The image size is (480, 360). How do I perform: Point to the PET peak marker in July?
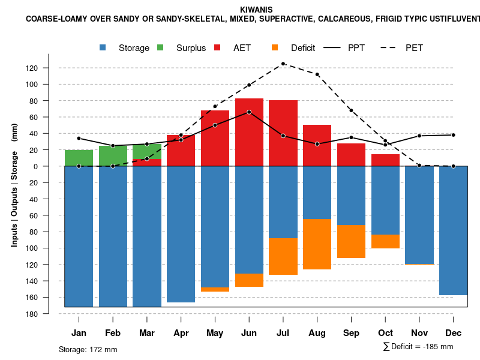(x=283, y=64)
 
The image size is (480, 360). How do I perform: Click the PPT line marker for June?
(x=249, y=112)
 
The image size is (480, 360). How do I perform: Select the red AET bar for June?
(x=249, y=132)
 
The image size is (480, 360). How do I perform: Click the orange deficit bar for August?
(x=317, y=244)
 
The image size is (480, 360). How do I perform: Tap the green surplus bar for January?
(x=79, y=158)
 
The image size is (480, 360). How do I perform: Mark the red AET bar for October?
(x=386, y=160)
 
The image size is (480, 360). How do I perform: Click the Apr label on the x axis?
(x=181, y=333)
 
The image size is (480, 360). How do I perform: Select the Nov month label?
(x=419, y=333)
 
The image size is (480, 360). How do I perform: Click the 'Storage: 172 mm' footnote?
(x=88, y=349)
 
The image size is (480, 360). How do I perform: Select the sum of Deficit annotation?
(x=418, y=347)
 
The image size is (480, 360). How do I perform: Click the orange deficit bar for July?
(x=283, y=257)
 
